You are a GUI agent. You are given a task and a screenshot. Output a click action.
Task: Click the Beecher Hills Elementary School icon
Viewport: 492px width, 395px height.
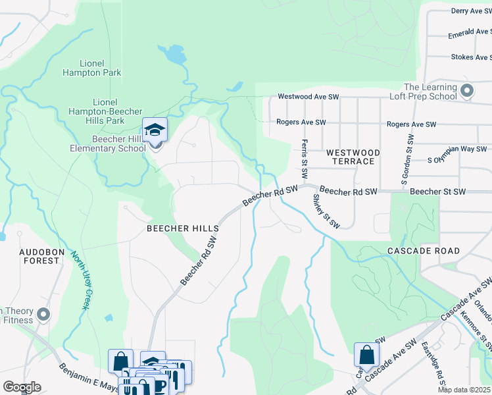coord(155,130)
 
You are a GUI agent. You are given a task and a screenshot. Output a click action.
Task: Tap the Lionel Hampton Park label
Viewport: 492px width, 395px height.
coord(92,68)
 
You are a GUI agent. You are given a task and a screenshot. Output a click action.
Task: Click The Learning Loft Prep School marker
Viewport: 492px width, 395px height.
coord(467,91)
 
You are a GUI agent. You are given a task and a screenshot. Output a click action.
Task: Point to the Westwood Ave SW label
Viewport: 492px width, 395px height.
coord(308,97)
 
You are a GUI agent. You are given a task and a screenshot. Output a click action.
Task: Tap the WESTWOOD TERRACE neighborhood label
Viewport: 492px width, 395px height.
coord(353,157)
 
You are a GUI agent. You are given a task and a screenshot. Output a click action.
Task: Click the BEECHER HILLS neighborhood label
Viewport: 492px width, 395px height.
coord(183,228)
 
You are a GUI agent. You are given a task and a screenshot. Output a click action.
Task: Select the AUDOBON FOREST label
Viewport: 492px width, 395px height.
coord(30,256)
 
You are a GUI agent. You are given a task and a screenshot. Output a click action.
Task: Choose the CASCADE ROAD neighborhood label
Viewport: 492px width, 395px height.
coord(423,251)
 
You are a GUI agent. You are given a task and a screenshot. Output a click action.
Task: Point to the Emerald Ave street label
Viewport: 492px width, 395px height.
coord(469,34)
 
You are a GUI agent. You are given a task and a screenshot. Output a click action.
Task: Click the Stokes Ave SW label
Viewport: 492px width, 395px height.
coord(471,57)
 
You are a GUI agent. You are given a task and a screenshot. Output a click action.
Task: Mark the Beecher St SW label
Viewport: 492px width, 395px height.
coord(437,192)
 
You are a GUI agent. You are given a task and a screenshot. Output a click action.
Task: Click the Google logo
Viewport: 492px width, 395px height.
coord(22,386)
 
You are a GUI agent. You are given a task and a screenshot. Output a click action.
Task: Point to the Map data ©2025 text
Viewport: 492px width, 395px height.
coord(464,390)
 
